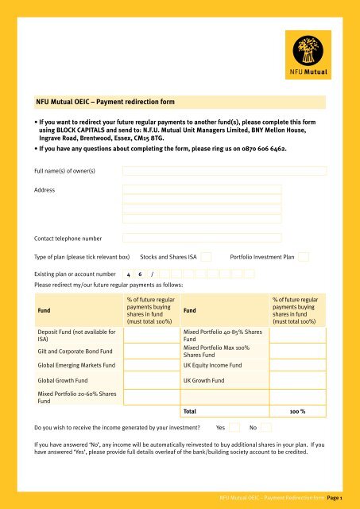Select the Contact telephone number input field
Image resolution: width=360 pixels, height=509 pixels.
202,238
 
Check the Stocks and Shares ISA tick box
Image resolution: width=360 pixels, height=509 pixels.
206,257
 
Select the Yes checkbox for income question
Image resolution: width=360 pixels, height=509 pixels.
234,427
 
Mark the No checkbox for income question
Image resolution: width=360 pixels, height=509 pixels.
268,427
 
